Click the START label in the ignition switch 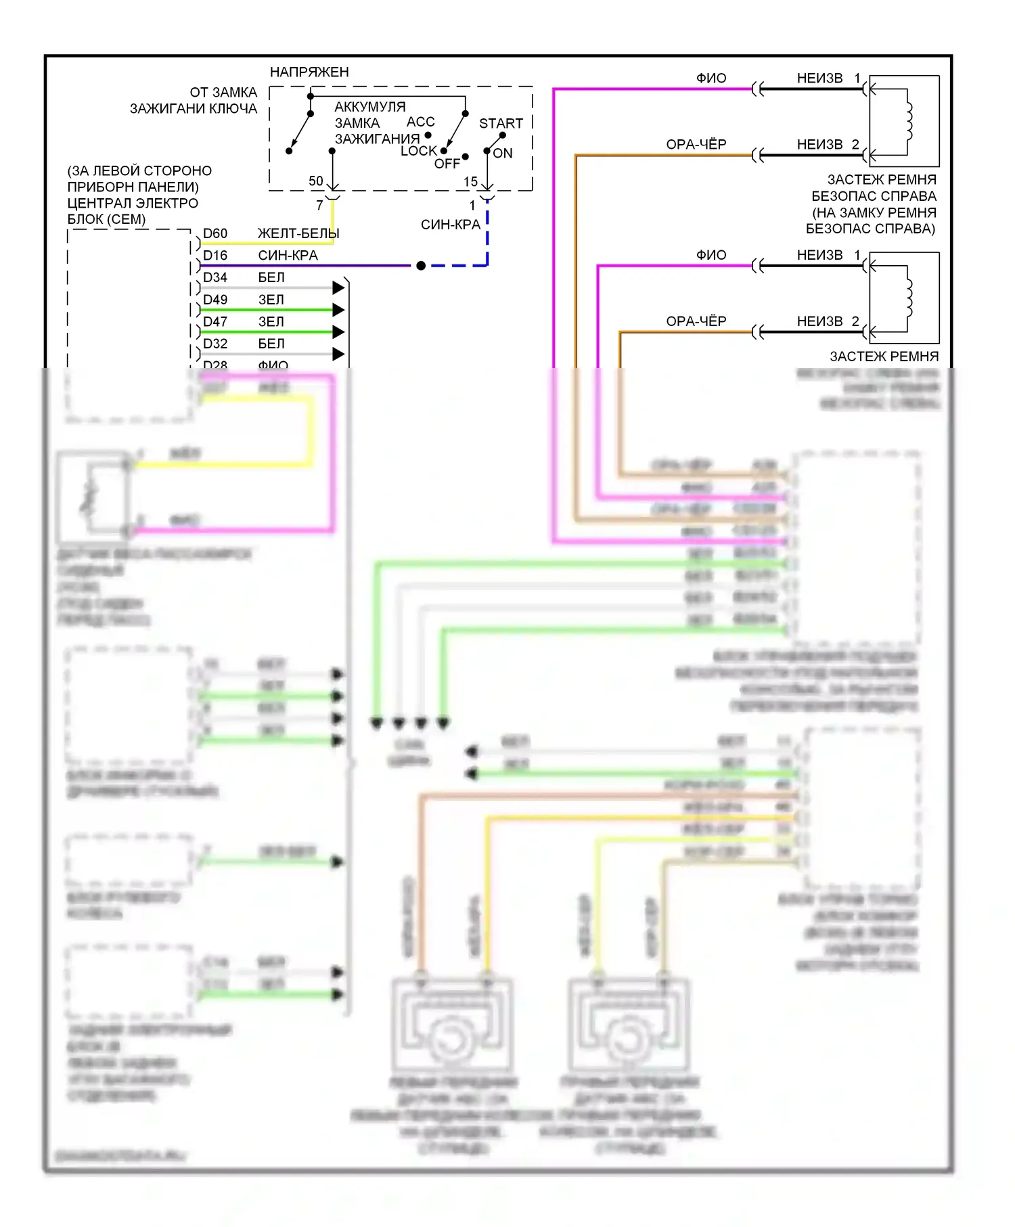(501, 123)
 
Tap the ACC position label (420, 122)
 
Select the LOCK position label (419, 151)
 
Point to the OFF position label (447, 164)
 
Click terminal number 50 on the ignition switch (316, 181)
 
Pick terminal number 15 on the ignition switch (470, 181)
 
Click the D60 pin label (215, 233)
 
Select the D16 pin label (215, 255)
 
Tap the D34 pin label (215, 277)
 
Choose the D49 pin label (215, 300)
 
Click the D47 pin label (215, 321)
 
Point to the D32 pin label (215, 344)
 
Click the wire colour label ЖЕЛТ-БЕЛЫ (298, 233)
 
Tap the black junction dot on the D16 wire (421, 266)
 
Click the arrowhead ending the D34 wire (339, 288)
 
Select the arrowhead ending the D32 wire (339, 354)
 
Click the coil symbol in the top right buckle (909, 121)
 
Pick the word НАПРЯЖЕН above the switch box (309, 72)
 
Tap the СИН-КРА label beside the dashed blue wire (450, 225)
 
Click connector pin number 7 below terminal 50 (319, 205)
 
